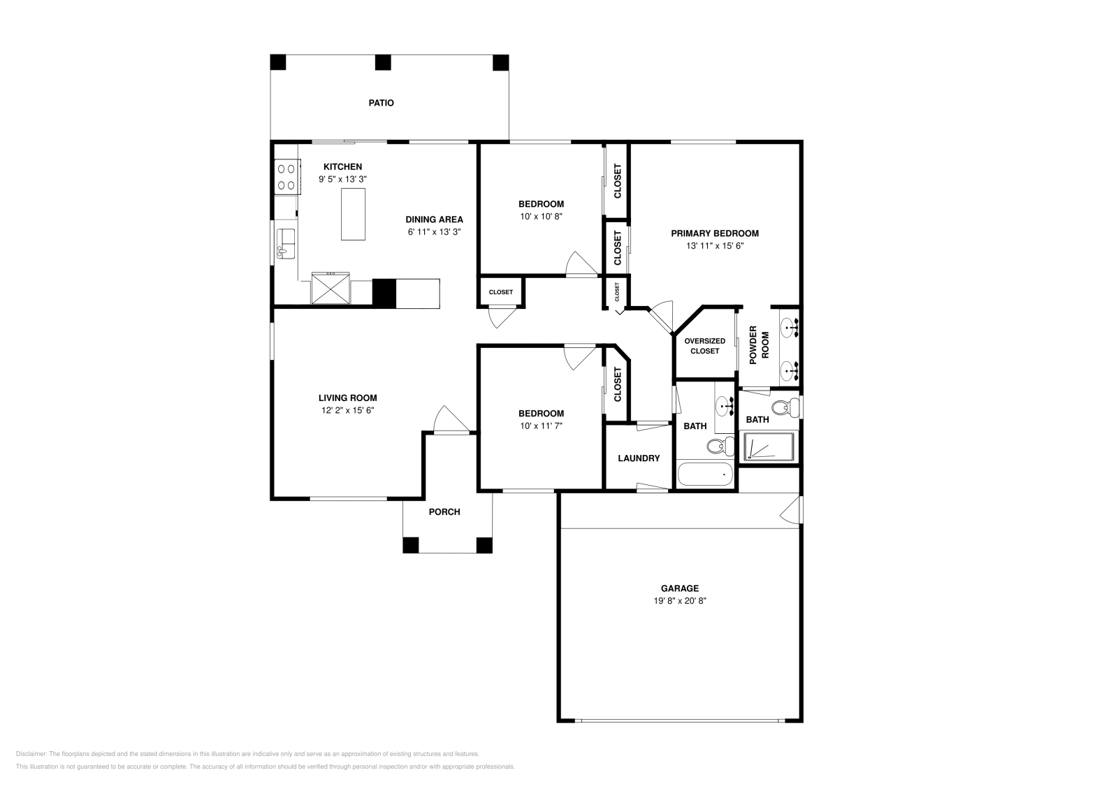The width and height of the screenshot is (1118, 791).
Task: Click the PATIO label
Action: coord(381,103)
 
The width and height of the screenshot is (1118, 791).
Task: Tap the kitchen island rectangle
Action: coord(353,214)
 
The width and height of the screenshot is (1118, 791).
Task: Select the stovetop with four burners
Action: coord(286,176)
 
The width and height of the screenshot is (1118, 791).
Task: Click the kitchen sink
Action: coord(286,242)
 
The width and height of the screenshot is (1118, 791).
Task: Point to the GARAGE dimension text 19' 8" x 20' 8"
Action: coord(679,600)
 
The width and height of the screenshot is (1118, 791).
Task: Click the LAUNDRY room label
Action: coord(639,458)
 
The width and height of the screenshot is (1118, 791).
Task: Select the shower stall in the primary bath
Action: coord(769,447)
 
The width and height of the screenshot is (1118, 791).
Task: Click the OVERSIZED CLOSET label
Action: coord(704,346)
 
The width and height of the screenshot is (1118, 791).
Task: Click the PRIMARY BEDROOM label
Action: coord(714,233)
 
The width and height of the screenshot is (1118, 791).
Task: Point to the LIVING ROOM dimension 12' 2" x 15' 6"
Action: coord(347,410)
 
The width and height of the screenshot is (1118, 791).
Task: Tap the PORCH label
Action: coord(444,511)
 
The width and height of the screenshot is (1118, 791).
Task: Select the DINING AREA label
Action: coord(434,219)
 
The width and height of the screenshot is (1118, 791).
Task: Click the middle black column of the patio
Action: coord(382,62)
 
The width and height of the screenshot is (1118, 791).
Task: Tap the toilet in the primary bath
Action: coord(785,406)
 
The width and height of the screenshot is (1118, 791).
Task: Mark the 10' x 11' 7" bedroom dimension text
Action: coord(541,425)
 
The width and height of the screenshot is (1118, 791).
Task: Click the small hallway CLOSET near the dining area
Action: coord(500,292)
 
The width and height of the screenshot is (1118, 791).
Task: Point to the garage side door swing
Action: coord(791,510)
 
